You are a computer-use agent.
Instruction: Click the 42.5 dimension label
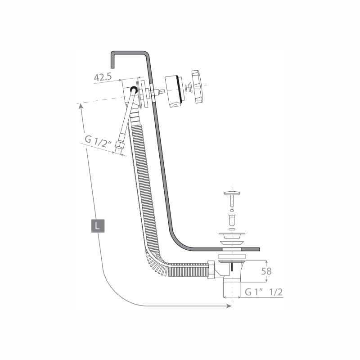coord(103,77)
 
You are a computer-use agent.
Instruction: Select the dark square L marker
coord(98,226)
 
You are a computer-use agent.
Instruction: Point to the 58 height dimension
coord(266,271)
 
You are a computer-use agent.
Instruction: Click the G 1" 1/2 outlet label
coord(264,292)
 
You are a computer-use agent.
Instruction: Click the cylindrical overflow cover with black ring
coord(175,91)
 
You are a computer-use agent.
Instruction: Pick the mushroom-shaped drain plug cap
coord(232,194)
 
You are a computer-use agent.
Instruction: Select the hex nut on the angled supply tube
coord(120,145)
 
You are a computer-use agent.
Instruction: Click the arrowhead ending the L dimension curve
coord(229,306)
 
